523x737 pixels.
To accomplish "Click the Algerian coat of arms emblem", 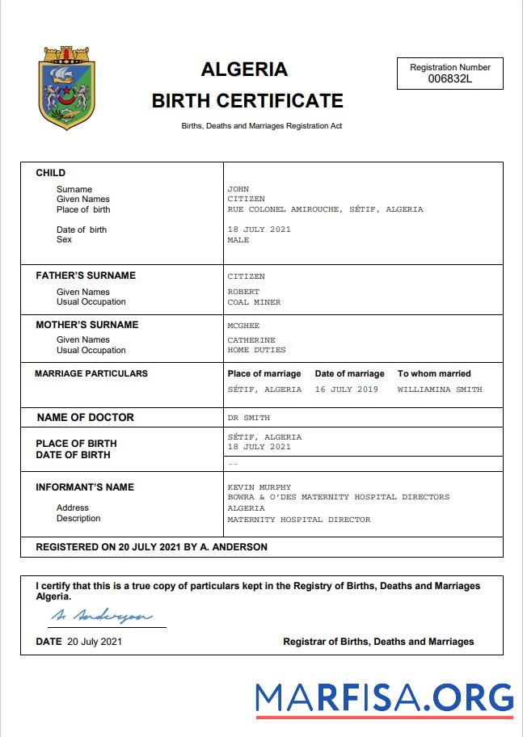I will [68, 88].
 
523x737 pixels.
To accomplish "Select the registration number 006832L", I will [450, 78].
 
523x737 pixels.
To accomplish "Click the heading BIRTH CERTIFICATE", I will [247, 101].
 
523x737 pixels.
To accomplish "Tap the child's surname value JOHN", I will [238, 189].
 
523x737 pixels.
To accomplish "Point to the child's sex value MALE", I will [238, 240].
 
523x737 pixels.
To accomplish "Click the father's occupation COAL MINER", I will [254, 302].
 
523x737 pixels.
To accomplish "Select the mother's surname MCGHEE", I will [243, 325].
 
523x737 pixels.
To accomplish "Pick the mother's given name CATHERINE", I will [251, 340].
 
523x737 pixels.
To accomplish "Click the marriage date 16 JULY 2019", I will [346, 390].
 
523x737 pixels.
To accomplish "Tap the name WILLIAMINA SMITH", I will [439, 390].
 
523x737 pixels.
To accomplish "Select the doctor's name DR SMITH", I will [249, 418].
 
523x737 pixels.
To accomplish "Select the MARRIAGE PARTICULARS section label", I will [91, 373].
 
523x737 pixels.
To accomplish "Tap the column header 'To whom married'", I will [434, 373].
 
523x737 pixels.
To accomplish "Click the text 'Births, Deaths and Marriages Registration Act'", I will [261, 126].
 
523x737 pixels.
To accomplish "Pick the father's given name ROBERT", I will [243, 292].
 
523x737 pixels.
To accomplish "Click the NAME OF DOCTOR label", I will [86, 418].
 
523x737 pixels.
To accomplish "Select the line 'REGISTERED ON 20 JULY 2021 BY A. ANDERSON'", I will [151, 547].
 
